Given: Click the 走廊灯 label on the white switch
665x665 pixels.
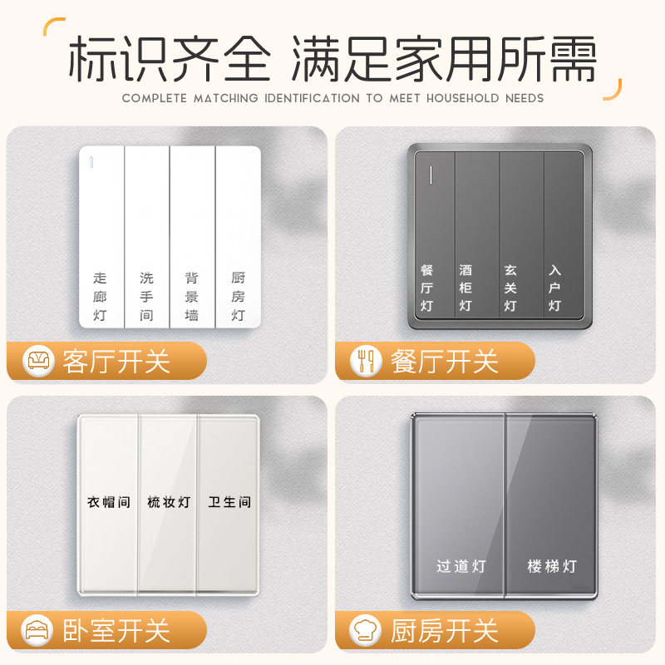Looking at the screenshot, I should (101, 296).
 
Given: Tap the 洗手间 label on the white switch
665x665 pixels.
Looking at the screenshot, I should (146, 296).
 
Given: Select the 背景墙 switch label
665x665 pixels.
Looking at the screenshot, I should (192, 296).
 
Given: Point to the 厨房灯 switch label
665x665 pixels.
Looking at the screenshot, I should (238, 296).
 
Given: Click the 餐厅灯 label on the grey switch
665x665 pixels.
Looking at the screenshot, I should (427, 288).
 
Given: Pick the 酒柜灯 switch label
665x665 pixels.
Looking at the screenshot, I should (465, 288).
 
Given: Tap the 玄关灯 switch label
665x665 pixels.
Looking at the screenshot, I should (510, 288).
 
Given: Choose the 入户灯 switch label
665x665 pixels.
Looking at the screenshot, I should (554, 288).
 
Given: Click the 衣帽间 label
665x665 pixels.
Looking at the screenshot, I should (109, 502).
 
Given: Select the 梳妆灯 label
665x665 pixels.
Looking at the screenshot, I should (169, 502).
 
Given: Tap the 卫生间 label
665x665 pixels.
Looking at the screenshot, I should (229, 502).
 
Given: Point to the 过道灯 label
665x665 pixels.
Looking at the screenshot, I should (461, 567).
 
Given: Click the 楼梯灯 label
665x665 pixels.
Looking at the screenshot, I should (552, 567).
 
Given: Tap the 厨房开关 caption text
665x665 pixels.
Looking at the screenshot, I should (444, 630).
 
